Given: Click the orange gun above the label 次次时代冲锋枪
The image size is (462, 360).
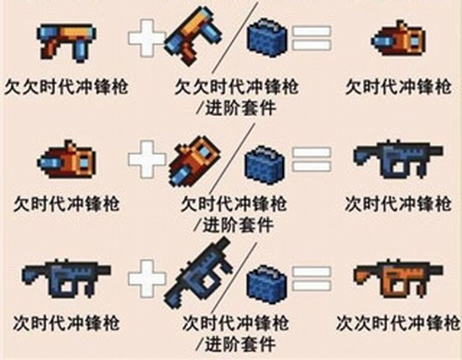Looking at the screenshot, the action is [398, 279].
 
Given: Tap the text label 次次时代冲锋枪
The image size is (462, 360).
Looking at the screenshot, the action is [398, 323].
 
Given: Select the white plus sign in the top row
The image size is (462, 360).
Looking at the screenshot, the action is [146, 38].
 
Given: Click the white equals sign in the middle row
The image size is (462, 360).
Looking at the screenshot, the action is [312, 159].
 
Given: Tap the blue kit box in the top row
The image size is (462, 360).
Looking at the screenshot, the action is [266, 38].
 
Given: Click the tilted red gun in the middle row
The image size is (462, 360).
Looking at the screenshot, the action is [195, 161].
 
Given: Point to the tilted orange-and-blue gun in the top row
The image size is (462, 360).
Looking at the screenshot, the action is [193, 36].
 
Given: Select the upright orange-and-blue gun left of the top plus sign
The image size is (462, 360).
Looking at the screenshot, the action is [66, 43].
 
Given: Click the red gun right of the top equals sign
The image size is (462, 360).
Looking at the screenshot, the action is [398, 39].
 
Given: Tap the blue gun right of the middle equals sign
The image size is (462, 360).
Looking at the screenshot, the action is [398, 159].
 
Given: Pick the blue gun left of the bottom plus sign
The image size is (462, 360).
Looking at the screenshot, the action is [66, 279].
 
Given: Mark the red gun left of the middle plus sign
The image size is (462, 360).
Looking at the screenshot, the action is [66, 159].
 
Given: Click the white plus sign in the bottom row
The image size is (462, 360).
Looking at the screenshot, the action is [147, 278].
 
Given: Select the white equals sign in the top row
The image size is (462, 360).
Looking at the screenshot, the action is [312, 38].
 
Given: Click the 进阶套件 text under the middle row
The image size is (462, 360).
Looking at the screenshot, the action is [239, 225].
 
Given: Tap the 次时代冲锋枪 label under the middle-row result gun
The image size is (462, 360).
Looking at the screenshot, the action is [398, 203].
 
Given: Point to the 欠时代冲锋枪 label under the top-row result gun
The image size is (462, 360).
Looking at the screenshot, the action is [398, 86].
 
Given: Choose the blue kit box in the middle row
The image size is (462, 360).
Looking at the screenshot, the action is [265, 164].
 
